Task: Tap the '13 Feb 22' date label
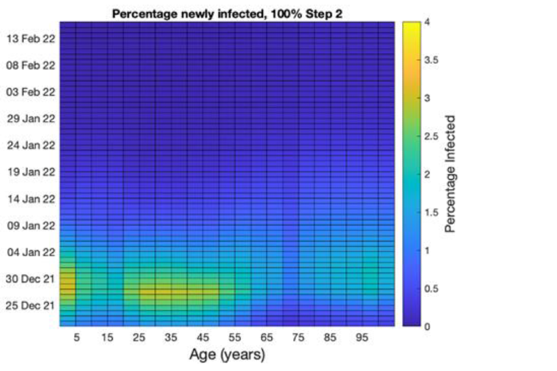pos(31,39)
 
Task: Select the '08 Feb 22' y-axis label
pos(31,66)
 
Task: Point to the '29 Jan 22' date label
pos(31,118)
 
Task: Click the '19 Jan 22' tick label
pos(31,172)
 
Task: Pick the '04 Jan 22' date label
pos(31,252)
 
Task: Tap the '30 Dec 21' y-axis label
pos(30,279)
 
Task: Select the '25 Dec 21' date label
pos(30,305)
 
